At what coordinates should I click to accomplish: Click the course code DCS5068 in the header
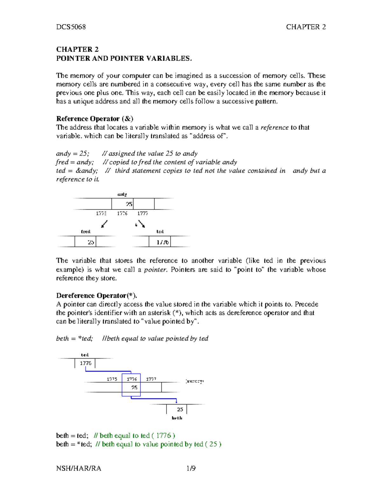pos(71,27)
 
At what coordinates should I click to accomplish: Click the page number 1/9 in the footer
pos(191,468)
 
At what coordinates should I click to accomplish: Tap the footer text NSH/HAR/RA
pos(79,468)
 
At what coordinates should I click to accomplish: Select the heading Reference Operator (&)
pos(95,119)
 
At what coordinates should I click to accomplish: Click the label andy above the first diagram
pos(122,194)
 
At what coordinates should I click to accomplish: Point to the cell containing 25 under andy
pos(129,204)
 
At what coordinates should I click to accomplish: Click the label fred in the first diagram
pos(86,231)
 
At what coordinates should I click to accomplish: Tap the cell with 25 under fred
pos(91,242)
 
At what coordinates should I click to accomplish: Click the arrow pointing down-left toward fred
pos(104,224)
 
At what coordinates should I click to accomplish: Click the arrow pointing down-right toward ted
pos(141,224)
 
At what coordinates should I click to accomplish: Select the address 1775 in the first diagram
pos(101,213)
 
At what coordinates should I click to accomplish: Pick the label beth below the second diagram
pos(177,418)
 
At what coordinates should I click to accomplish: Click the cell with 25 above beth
pos(180,410)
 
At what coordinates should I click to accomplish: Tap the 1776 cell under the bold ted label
pos(85,363)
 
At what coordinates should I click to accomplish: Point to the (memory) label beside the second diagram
pos(194,381)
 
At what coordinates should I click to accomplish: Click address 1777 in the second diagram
pos(151,379)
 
